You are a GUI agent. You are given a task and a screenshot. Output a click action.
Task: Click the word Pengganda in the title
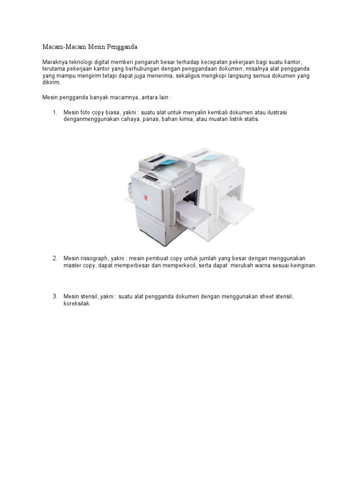(123, 47)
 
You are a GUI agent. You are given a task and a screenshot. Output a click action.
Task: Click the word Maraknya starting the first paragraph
(55, 62)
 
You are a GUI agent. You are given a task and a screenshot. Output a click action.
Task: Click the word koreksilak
(77, 303)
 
